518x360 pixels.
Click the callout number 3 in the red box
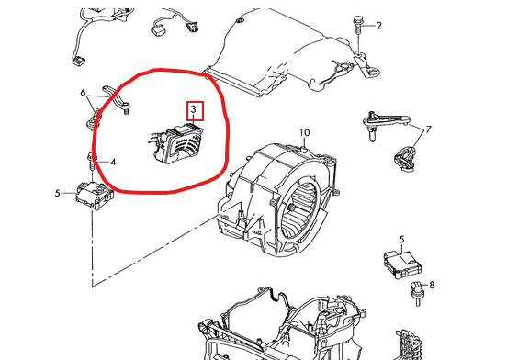(x=194, y=109)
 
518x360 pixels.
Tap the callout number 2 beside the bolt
(x=379, y=26)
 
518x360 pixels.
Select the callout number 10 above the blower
(x=305, y=133)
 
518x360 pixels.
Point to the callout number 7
(x=429, y=129)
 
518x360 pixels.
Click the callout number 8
(x=432, y=285)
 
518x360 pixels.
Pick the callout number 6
(x=83, y=93)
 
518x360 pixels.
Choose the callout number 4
(x=113, y=163)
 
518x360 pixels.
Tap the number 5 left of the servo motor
(x=58, y=193)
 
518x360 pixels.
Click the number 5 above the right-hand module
(x=401, y=240)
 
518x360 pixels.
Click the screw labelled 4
(x=92, y=162)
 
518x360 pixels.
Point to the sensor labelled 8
(x=416, y=293)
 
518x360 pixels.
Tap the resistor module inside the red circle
(x=175, y=143)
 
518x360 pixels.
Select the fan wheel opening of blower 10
(x=299, y=211)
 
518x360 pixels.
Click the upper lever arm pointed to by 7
(x=385, y=124)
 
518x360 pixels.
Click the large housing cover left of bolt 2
(x=281, y=53)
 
